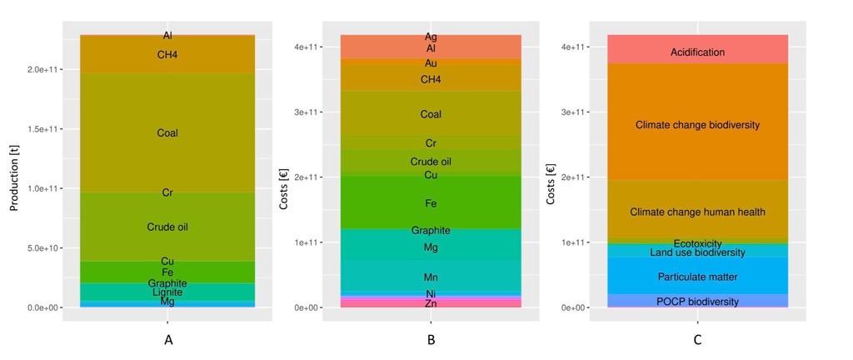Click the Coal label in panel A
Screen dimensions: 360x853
[167, 133]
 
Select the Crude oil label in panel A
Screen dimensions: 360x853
[167, 227]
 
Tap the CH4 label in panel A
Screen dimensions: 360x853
[167, 55]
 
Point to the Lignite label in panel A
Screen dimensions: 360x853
[167, 292]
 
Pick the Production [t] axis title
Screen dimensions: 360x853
[14, 172]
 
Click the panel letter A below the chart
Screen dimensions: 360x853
[168, 340]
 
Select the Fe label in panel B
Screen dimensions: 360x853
[431, 203]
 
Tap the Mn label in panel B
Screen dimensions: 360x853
[431, 277]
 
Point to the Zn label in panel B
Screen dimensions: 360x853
[431, 304]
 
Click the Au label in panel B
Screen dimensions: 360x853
[431, 63]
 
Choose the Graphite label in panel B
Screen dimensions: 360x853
[431, 231]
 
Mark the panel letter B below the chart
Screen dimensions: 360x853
[431, 340]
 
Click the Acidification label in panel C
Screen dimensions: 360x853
[697, 52]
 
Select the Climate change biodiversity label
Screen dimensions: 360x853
[697, 125]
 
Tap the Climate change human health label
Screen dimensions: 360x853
[697, 212]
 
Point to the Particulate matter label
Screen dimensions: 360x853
[697, 277]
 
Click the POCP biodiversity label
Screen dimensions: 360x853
[697, 302]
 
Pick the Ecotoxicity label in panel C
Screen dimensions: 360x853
[697, 243]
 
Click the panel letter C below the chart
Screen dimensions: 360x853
[697, 340]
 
